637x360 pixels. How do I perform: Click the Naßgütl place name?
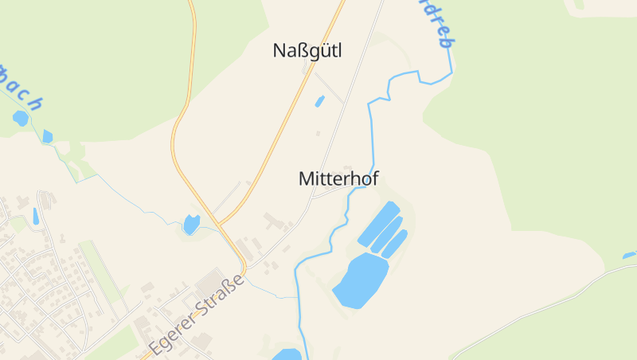pyautogui.click(x=307, y=51)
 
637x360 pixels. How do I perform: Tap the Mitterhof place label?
pyautogui.click(x=338, y=179)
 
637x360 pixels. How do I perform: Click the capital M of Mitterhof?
pyautogui.click(x=307, y=179)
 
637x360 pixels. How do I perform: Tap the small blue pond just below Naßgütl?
pyautogui.click(x=320, y=101)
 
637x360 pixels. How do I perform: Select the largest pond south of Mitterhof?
pyautogui.click(x=361, y=280)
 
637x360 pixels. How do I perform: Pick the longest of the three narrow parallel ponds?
pyautogui.click(x=378, y=224)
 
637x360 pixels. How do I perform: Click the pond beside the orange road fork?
pyautogui.click(x=192, y=225)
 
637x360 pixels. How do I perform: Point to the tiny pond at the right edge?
pyautogui.click(x=629, y=256)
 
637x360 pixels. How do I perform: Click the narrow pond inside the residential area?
pyautogui.click(x=36, y=215)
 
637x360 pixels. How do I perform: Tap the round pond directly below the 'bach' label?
pyautogui.click(x=20, y=118)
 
